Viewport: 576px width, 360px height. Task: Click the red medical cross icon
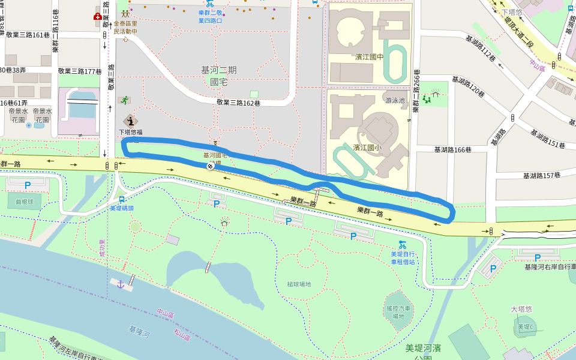[97, 17]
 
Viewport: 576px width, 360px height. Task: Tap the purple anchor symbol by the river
[120, 284]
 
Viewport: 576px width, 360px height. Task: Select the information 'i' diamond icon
[130, 121]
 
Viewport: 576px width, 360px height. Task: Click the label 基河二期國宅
[218, 76]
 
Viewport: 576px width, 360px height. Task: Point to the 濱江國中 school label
[369, 57]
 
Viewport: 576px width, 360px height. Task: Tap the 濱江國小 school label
[367, 147]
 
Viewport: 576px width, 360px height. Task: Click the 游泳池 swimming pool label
[395, 100]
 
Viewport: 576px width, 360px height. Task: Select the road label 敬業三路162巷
[238, 103]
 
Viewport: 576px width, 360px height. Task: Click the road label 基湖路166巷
[452, 149]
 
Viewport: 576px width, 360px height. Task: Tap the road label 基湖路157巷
[541, 175]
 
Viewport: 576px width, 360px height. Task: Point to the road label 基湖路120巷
[468, 86]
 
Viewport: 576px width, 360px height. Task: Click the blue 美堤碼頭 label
[122, 208]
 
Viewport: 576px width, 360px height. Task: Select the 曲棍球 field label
[25, 202]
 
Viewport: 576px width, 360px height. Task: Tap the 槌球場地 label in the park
[299, 284]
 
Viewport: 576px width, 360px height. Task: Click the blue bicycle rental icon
[402, 244]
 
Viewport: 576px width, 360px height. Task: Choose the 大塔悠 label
[521, 309]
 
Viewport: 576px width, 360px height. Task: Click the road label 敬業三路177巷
[80, 71]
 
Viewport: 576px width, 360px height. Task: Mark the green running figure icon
[124, 100]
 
